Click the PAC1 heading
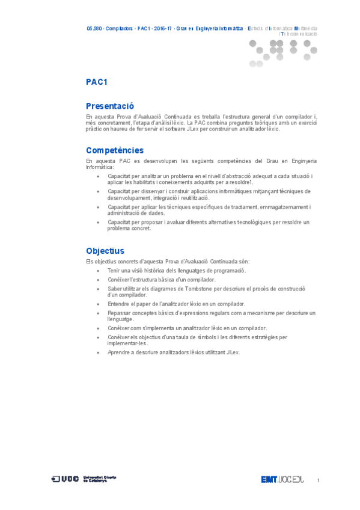click(x=96, y=82)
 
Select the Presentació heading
click(x=110, y=106)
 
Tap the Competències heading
click(x=115, y=150)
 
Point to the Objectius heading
click(x=105, y=251)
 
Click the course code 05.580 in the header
click(x=94, y=28)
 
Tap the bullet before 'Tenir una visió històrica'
click(x=99, y=271)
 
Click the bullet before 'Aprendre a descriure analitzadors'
click(x=99, y=352)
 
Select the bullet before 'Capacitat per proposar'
click(x=99, y=223)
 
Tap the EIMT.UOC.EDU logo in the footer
click(x=282, y=479)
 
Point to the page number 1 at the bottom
click(x=317, y=480)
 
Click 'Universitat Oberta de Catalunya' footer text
click(x=100, y=479)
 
